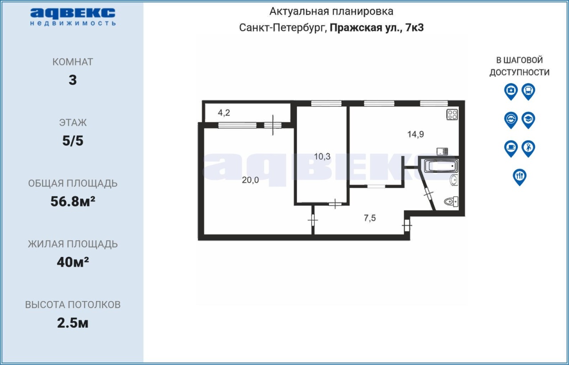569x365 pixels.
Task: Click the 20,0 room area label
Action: (x=250, y=180)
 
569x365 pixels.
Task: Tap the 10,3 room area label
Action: (x=322, y=156)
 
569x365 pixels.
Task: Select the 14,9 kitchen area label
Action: (x=416, y=134)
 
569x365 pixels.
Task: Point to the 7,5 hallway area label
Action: (x=369, y=218)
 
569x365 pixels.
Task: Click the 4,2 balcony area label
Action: (x=224, y=112)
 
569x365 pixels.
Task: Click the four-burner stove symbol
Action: (x=452, y=115)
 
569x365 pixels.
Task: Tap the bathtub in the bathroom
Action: (x=441, y=166)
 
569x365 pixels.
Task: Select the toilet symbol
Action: (x=451, y=202)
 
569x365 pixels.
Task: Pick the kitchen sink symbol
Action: (x=442, y=151)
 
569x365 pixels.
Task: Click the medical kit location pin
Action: (x=511, y=91)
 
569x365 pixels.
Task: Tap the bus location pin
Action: (x=529, y=91)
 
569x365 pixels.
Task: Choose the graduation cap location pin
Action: (x=529, y=120)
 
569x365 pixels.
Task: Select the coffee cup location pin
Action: (x=511, y=148)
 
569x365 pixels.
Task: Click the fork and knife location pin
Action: (x=520, y=177)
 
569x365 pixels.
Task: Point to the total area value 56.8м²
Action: (x=72, y=201)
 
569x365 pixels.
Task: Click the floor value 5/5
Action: (x=72, y=141)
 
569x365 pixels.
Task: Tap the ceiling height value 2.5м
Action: (x=72, y=323)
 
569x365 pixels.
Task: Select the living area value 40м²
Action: (x=72, y=262)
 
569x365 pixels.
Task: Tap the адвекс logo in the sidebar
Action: (x=73, y=17)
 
